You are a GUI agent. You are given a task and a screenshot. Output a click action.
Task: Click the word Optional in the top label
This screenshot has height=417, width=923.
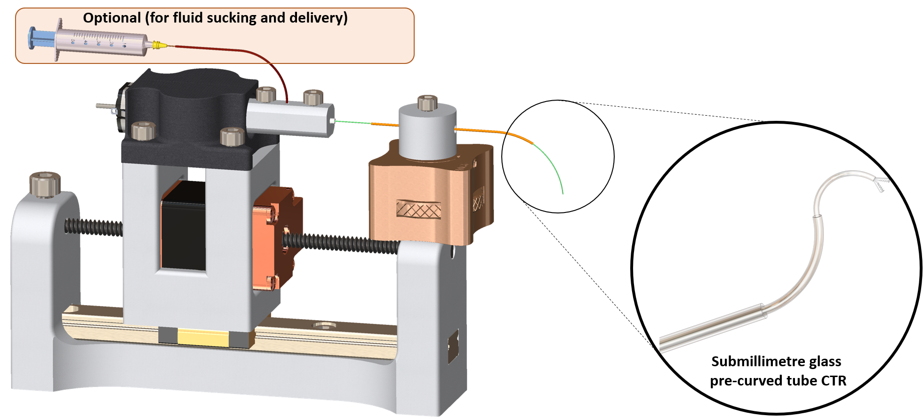pyautogui.click(x=112, y=18)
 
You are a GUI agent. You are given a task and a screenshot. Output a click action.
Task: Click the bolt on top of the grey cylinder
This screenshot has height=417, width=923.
pyautogui.click(x=427, y=103)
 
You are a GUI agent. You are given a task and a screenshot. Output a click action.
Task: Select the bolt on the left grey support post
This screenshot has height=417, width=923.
pyautogui.click(x=45, y=184)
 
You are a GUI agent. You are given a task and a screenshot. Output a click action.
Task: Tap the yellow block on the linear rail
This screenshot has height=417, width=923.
pyautogui.click(x=202, y=337)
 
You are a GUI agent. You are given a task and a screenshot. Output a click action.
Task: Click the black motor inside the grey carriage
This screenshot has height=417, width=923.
pyautogui.click(x=184, y=226)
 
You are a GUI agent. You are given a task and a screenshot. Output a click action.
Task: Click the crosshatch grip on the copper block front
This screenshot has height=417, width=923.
pyautogui.click(x=418, y=209)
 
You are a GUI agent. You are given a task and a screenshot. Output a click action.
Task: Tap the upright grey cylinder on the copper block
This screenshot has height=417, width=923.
pyautogui.click(x=427, y=132)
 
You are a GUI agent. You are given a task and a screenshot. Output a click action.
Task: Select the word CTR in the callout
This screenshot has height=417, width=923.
pyautogui.click(x=834, y=380)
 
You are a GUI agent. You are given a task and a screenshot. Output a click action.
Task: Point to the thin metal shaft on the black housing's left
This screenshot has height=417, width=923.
pyautogui.click(x=105, y=107)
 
